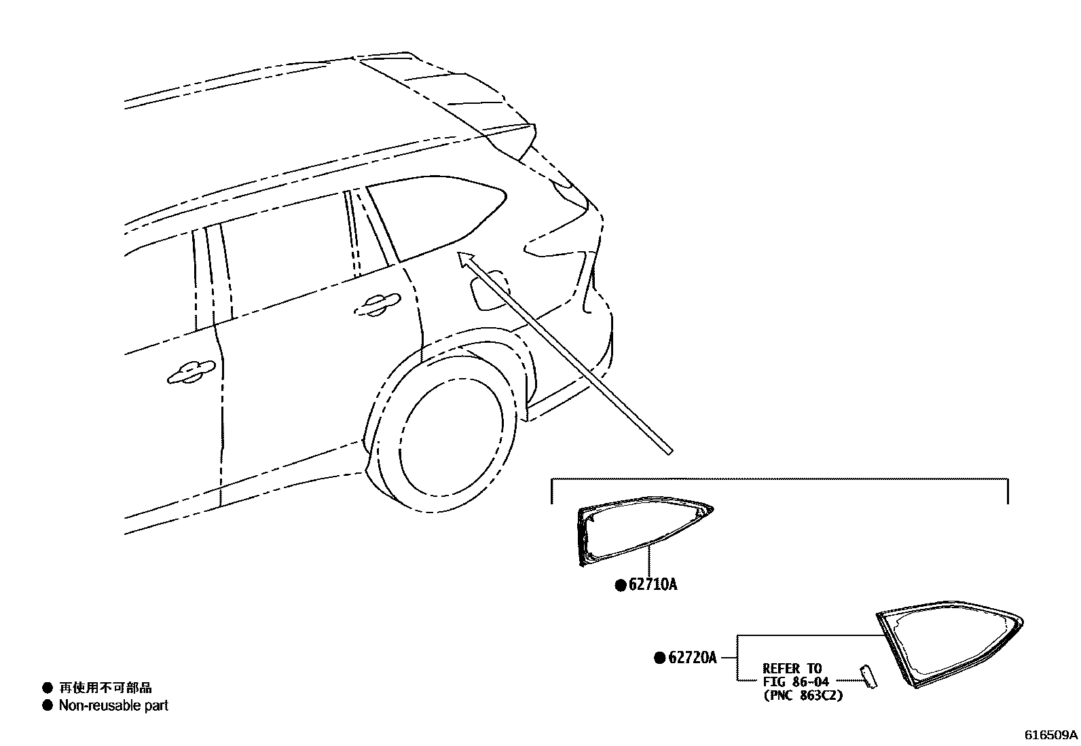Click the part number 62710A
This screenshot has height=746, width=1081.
tap(653, 584)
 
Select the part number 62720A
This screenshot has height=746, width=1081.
tap(693, 658)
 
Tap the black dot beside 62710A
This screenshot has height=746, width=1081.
tap(620, 585)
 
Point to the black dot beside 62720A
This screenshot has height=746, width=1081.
tap(659, 658)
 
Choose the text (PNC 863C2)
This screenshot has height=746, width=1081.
tap(803, 695)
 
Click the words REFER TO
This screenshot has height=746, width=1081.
tap(792, 669)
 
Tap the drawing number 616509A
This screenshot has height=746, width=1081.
tap(1050, 735)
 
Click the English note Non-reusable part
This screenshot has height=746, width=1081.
tap(113, 706)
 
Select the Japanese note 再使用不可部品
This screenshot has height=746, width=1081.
tap(105, 688)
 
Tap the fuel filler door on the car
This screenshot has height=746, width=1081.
tap(488, 291)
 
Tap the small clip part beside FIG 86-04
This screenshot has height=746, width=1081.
tap(868, 677)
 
